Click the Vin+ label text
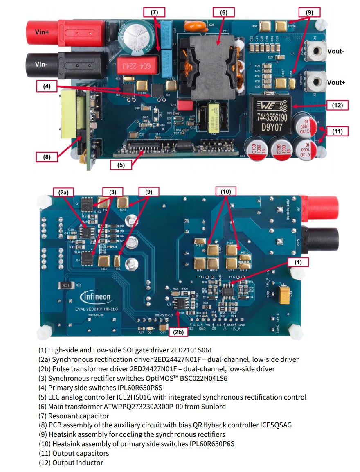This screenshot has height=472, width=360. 41,32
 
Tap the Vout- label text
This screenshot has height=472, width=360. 336,52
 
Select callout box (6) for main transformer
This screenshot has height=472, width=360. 223,12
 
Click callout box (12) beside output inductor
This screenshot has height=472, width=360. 337,105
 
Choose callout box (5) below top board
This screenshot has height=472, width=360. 121,165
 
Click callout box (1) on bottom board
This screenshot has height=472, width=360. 298,262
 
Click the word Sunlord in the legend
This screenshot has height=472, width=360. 214,407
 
